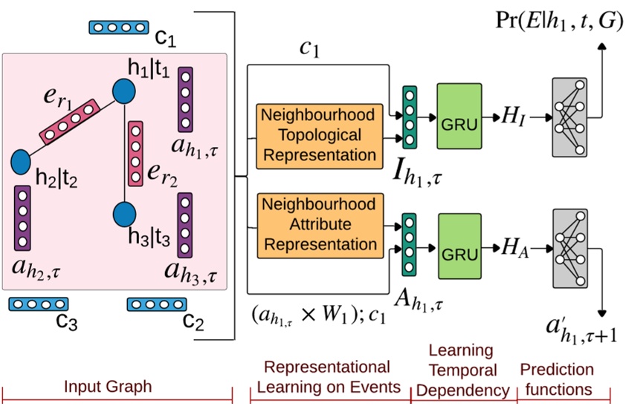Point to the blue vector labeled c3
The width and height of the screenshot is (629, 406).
coord(29,304)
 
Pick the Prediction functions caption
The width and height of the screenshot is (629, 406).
coord(557,379)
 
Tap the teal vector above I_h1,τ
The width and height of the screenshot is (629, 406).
coord(409,115)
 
